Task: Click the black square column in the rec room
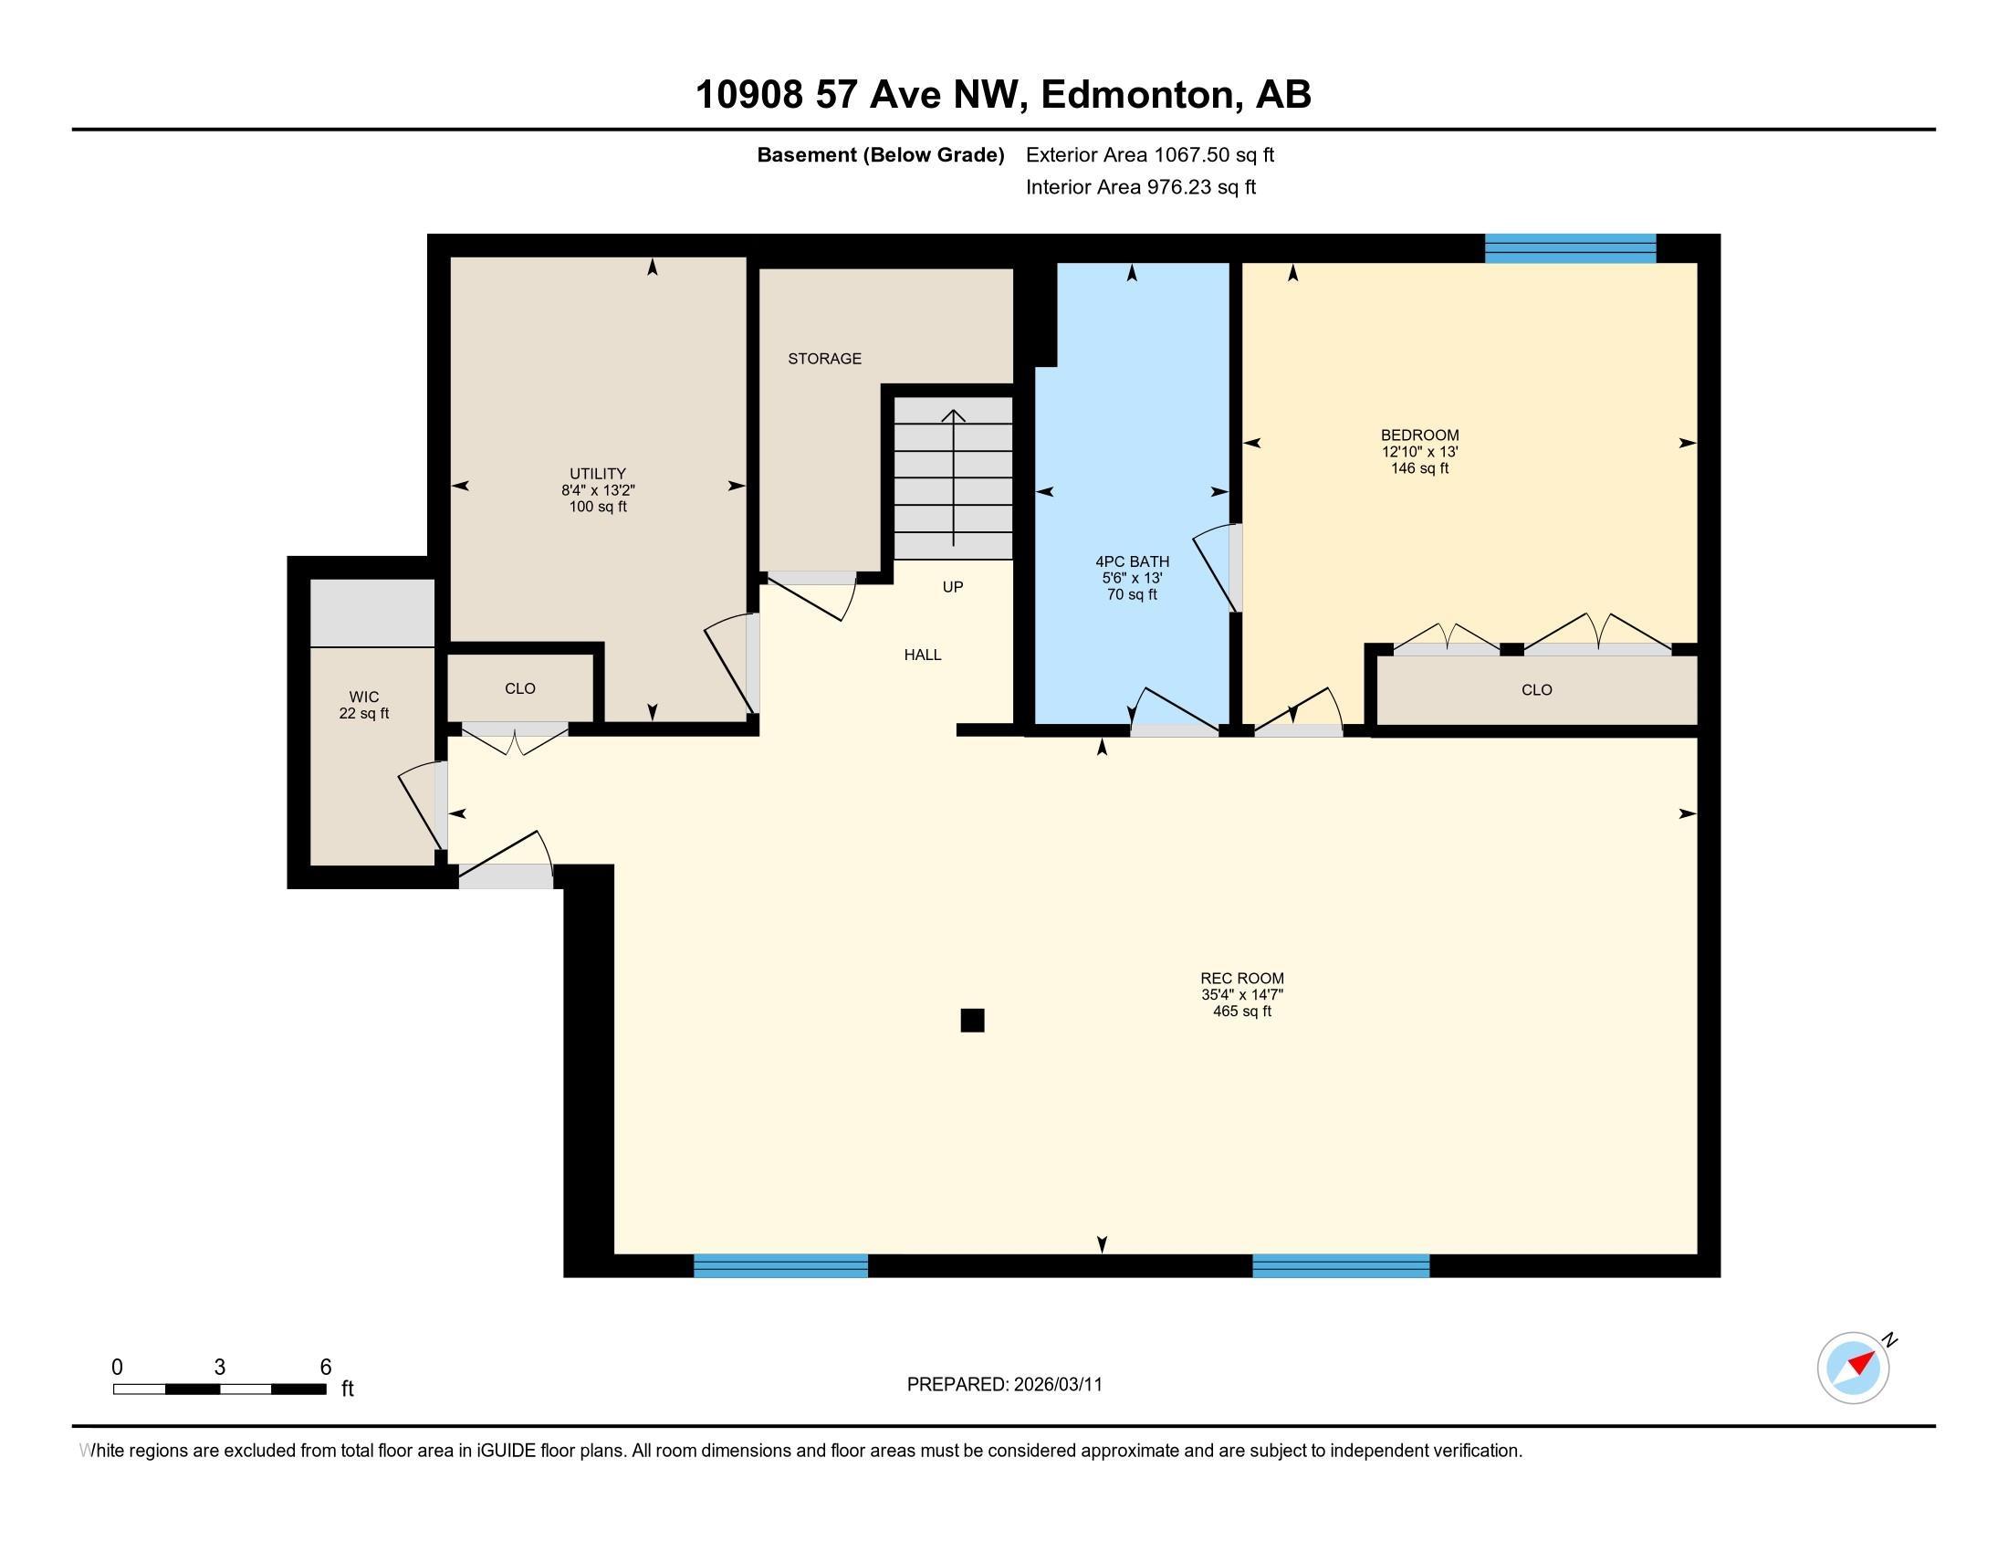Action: point(972,1021)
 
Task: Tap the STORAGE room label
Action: point(824,359)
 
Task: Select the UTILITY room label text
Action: point(597,474)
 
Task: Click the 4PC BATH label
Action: point(1132,561)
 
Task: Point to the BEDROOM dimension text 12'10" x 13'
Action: point(1419,451)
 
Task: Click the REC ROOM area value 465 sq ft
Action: point(1241,1012)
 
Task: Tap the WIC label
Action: point(364,697)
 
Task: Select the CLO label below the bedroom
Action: point(1536,689)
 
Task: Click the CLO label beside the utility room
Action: point(519,688)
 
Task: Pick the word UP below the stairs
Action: point(953,587)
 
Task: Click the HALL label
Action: point(922,655)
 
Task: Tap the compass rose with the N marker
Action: point(1853,1368)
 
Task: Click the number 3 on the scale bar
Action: point(219,1368)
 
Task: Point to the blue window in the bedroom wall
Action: point(1570,248)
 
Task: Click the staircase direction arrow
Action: point(954,478)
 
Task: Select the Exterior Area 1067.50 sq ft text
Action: point(1149,154)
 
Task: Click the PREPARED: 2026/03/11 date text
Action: point(1004,1385)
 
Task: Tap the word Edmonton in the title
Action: point(1136,95)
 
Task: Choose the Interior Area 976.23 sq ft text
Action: point(1140,186)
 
